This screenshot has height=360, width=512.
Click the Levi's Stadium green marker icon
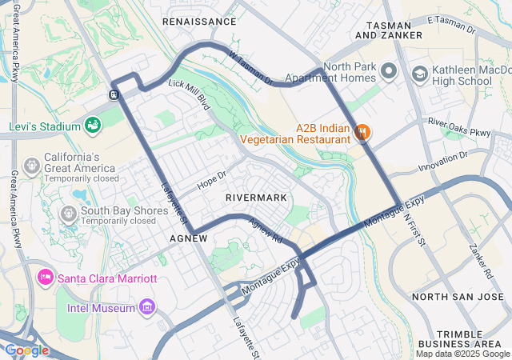point(93,126)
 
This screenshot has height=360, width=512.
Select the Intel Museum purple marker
point(146,306)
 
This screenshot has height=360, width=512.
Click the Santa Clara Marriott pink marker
point(46,277)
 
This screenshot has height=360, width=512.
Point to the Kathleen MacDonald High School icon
point(419,74)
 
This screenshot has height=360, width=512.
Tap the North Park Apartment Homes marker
point(389,72)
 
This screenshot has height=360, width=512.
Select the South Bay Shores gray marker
point(68,214)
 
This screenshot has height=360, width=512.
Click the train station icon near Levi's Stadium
point(114,94)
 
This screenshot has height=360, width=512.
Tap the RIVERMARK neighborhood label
point(255,196)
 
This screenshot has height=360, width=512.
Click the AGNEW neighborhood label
point(189,238)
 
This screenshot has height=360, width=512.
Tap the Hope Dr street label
point(212,178)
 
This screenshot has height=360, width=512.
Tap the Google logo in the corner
point(26,350)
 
